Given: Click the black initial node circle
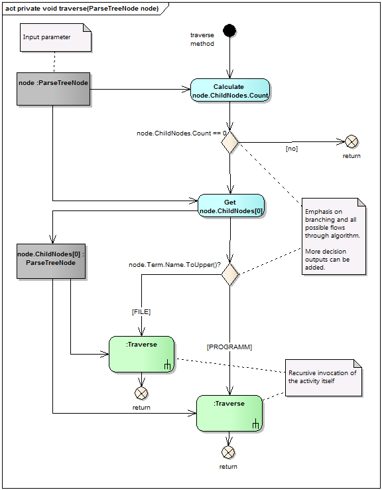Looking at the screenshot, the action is click(229, 31).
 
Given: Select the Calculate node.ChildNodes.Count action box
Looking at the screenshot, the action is click(230, 90).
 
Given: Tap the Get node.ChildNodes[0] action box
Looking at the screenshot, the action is click(231, 206).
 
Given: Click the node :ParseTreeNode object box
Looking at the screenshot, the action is click(53, 89).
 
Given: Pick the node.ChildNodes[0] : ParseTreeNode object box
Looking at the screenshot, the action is click(51, 261).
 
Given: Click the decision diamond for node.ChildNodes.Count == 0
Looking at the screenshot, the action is click(229, 142).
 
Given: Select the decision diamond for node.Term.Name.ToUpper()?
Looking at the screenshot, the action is click(230, 274).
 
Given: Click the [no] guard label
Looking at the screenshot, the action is click(292, 149).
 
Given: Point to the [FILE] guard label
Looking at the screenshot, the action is click(141, 312).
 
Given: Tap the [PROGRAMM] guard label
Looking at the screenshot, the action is click(229, 347).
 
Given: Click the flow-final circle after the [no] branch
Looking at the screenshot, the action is click(351, 142).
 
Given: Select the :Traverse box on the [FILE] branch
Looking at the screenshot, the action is click(142, 355).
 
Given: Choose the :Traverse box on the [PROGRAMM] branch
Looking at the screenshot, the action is click(229, 414).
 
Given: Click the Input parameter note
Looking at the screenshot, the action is click(56, 37).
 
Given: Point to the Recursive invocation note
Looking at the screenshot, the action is click(324, 378).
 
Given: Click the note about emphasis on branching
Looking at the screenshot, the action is click(334, 236).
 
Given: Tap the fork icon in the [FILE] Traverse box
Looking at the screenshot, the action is click(167, 365).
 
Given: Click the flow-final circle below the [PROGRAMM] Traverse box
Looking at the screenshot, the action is click(228, 452).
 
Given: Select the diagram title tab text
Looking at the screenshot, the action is click(82, 9).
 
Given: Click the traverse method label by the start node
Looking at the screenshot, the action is click(202, 39).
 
